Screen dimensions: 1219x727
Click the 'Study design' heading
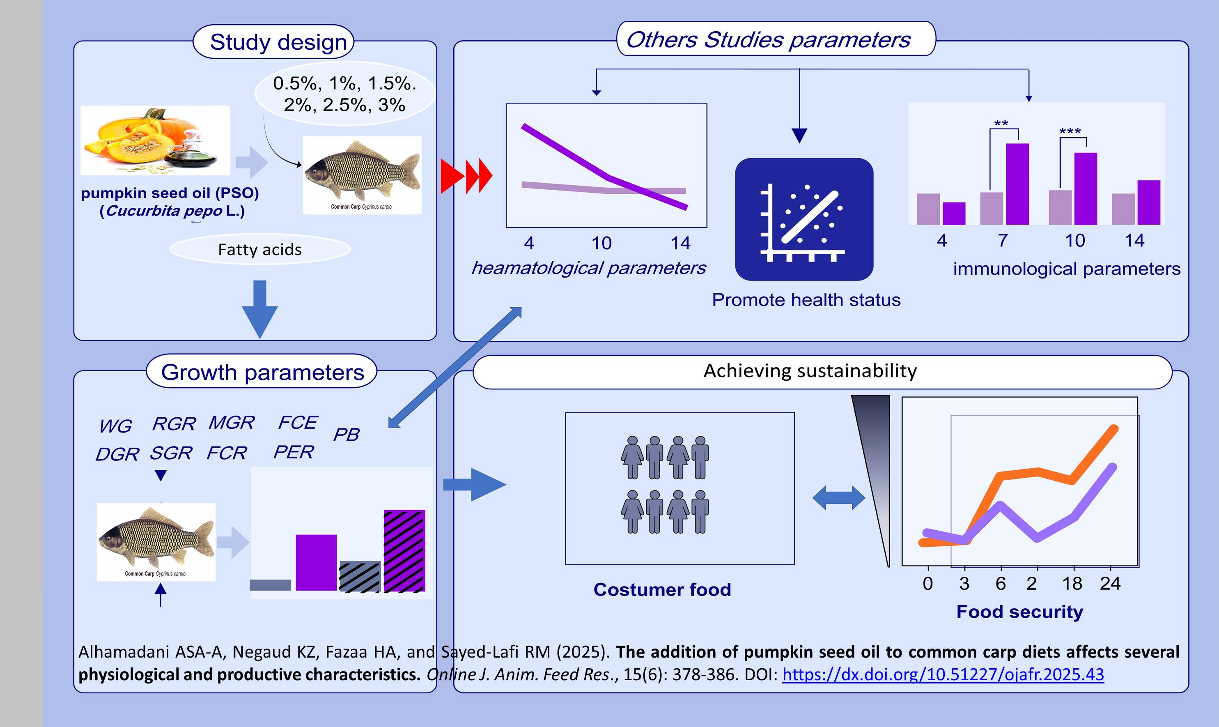coord(278,42)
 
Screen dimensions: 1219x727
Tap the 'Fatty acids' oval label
coord(260,249)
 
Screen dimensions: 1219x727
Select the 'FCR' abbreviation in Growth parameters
coord(227,453)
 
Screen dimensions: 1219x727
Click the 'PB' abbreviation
coord(347,435)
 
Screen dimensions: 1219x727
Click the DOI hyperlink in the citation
coord(943,674)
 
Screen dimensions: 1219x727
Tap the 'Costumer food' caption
coord(662,589)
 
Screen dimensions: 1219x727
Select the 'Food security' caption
coord(1020,612)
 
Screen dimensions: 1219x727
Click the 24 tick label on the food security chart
coord(1110,584)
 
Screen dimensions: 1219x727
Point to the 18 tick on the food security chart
coord(1072,584)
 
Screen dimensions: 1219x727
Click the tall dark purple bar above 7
coord(1017,184)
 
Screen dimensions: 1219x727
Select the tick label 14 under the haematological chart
coord(680,243)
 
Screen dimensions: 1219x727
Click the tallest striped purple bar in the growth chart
coord(404,551)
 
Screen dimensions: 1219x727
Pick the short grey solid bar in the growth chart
coord(270,585)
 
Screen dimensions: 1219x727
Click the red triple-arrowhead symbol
coord(466,175)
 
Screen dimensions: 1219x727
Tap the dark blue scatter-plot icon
coord(804,219)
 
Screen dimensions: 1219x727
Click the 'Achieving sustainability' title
coord(810,371)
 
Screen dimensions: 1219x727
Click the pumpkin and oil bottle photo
coord(155,140)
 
